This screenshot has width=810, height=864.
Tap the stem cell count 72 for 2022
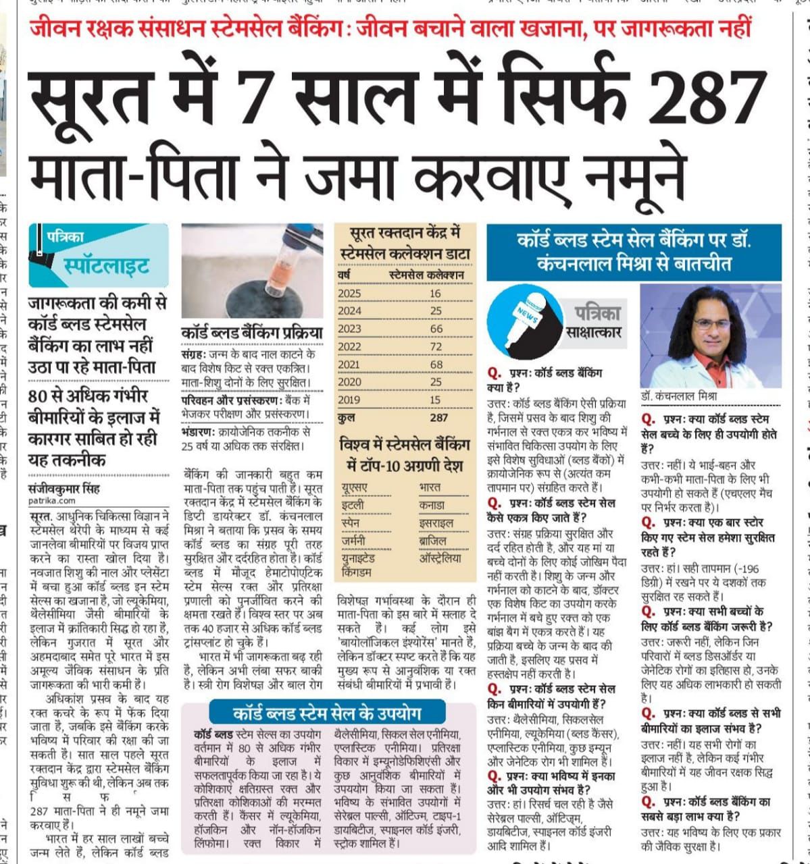(436, 346)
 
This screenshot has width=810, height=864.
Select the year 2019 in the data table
(349, 399)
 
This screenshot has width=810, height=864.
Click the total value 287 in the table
(438, 417)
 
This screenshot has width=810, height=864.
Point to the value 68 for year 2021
(436, 364)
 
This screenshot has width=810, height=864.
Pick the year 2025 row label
(349, 294)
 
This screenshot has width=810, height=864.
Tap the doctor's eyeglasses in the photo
(711, 323)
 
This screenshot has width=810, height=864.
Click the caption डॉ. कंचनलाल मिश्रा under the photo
(679, 397)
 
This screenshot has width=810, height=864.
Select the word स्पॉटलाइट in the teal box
(106, 267)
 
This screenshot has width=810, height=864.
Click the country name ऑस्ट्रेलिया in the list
(440, 558)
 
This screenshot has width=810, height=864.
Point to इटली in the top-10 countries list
(353, 504)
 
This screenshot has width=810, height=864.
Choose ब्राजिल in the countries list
(433, 540)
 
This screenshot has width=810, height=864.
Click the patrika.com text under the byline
(52, 501)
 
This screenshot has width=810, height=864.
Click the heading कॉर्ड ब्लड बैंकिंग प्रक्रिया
(251, 333)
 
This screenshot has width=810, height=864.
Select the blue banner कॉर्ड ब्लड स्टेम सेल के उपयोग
(327, 713)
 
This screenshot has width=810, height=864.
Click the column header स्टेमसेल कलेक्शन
(426, 275)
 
